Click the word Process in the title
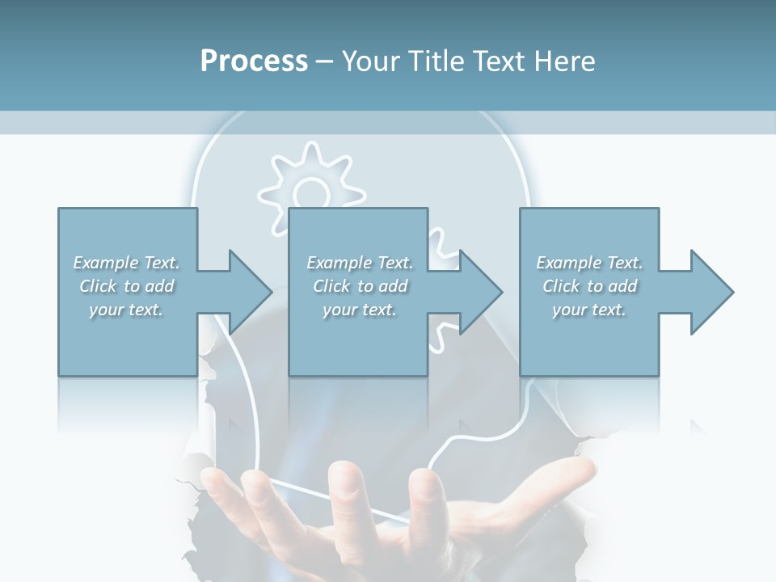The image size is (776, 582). click(254, 61)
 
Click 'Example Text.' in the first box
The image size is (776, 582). click(126, 263)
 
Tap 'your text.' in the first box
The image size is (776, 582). click(126, 310)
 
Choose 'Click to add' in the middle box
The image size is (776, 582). click(360, 286)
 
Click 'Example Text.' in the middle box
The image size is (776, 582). click(360, 263)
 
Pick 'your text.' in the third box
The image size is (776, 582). click(589, 310)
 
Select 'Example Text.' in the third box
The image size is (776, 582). click(589, 263)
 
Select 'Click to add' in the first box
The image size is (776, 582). click(126, 286)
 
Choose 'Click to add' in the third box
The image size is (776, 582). click(589, 286)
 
